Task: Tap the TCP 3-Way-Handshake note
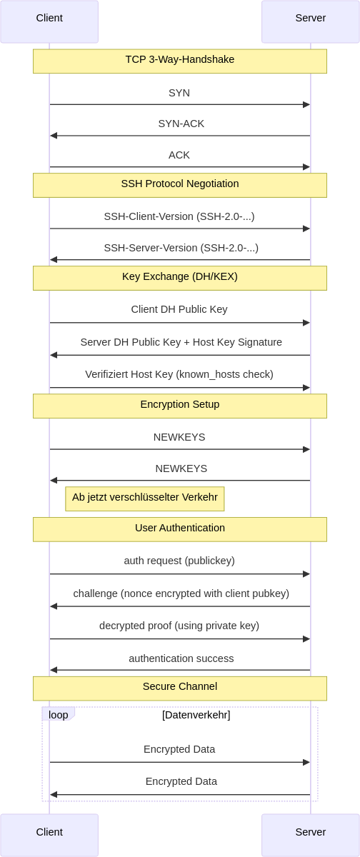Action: pyautogui.click(x=180, y=61)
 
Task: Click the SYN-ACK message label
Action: pyautogui.click(x=181, y=124)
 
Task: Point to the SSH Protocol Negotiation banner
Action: pyautogui.click(x=180, y=184)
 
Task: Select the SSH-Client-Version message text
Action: pyautogui.click(x=179, y=216)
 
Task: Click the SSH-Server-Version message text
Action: pyautogui.click(x=181, y=248)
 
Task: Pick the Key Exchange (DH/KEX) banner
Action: pyautogui.click(x=180, y=277)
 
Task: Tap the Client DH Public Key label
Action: pyautogui.click(x=179, y=310)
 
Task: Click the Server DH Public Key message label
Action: pyautogui.click(x=181, y=342)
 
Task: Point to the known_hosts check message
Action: pyautogui.click(x=179, y=374)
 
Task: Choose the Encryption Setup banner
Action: pyautogui.click(x=180, y=405)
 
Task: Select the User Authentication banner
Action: pyautogui.click(x=180, y=528)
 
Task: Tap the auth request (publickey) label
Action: pyautogui.click(x=179, y=561)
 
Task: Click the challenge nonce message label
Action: pyautogui.click(x=181, y=594)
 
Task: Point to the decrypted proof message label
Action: pyautogui.click(x=179, y=626)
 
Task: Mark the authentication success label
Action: pyautogui.click(x=181, y=658)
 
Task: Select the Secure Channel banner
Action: pyautogui.click(x=180, y=687)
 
